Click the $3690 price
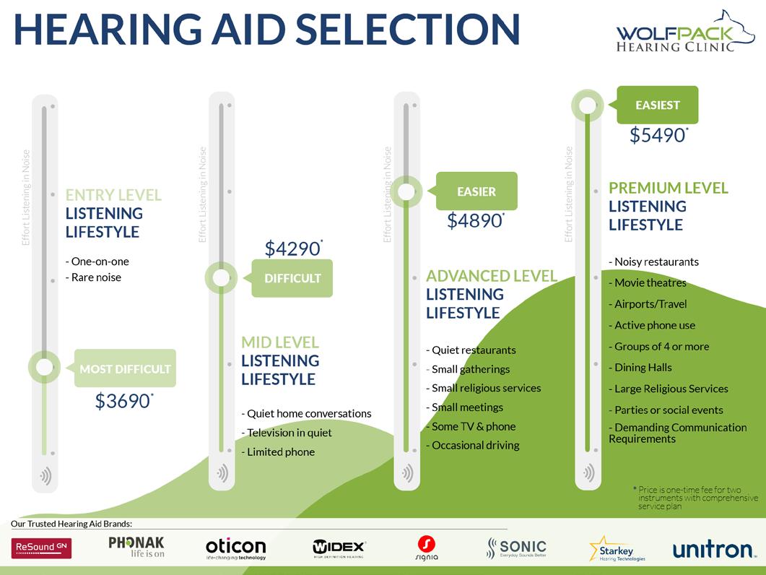tap(123, 401)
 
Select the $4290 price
tap(292, 249)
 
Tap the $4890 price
tap(474, 220)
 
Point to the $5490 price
tap(658, 135)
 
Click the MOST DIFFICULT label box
tap(125, 369)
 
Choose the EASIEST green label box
tap(658, 105)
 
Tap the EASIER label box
tap(476, 192)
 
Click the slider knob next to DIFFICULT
tap(222, 278)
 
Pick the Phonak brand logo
tap(136, 547)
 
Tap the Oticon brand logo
tap(235, 548)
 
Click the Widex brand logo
tap(339, 548)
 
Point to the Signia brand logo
tap(427, 548)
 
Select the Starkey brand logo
tap(617, 548)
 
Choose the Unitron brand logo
tap(713, 550)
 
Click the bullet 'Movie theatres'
tap(650, 282)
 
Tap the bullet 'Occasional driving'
tap(475, 445)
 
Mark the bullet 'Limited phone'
tap(280, 452)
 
